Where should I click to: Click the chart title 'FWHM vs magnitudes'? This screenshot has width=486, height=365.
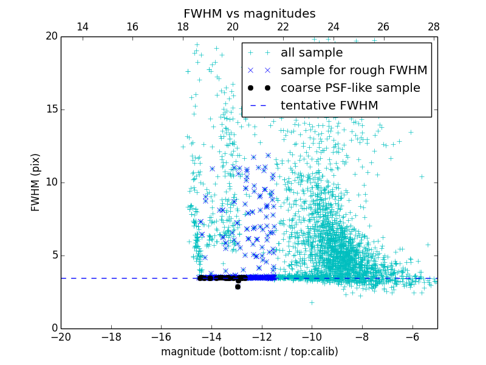[x=249, y=13]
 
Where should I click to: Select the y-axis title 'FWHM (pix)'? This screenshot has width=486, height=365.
[x=36, y=182]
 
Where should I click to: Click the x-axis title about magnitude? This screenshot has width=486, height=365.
[x=249, y=352]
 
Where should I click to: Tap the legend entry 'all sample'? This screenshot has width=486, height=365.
[x=312, y=53]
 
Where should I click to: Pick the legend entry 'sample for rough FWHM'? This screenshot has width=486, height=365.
[x=354, y=71]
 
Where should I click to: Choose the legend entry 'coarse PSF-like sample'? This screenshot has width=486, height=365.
[x=350, y=88]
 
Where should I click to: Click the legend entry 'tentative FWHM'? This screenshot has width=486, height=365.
[x=329, y=106]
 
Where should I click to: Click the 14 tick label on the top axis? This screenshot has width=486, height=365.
[x=82, y=27]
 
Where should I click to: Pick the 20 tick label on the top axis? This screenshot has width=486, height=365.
[x=233, y=27]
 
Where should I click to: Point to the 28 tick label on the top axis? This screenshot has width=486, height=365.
[x=434, y=27]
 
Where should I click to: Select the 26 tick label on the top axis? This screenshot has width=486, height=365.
[x=383, y=27]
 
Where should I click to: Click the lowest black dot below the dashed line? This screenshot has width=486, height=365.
[x=238, y=287]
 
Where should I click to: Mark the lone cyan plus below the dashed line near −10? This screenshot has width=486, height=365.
[x=312, y=302]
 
